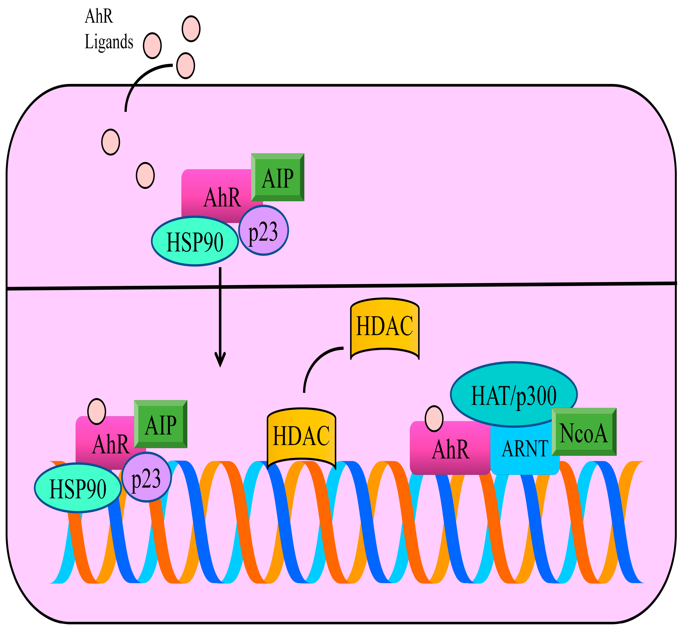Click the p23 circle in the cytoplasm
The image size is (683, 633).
(263, 230)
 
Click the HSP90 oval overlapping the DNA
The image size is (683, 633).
(78, 488)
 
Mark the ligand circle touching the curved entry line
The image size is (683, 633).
(185, 65)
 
